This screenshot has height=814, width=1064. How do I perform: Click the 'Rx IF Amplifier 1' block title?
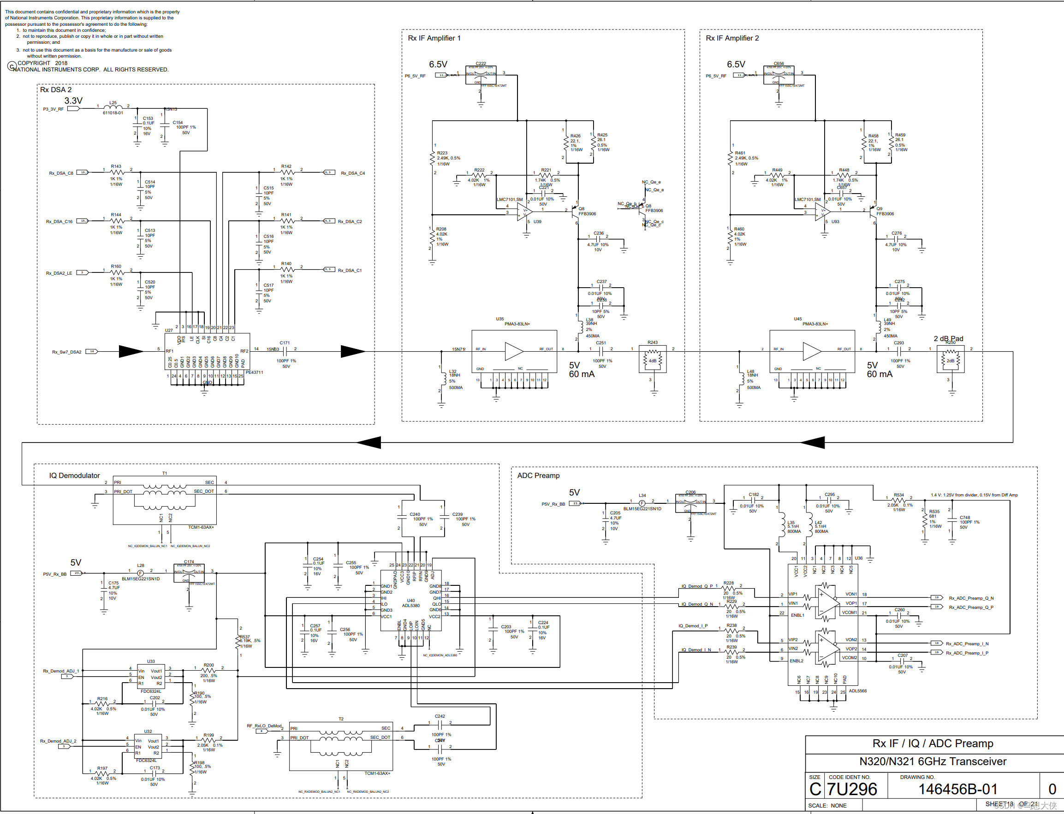pyautogui.click(x=434, y=38)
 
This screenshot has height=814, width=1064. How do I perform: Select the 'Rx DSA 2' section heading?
pyautogui.click(x=56, y=89)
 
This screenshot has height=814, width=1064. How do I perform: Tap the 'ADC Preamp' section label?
pyautogui.click(x=538, y=475)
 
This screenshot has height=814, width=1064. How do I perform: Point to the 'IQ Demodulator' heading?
pyautogui.click(x=74, y=475)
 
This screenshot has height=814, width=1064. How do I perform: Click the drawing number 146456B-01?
pyautogui.click(x=957, y=789)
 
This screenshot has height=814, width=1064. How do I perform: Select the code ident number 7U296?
pyautogui.click(x=852, y=789)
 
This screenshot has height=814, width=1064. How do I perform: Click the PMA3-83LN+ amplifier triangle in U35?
pyautogui.click(x=514, y=351)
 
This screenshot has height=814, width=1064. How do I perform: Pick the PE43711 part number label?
pyautogui.click(x=255, y=372)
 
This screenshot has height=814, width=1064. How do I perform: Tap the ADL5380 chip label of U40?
pyautogui.click(x=410, y=605)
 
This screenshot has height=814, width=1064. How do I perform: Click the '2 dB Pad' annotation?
pyautogui.click(x=948, y=338)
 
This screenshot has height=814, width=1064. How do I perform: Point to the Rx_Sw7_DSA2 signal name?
pyautogui.click(x=67, y=352)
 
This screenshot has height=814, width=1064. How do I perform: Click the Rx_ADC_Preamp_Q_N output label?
pyautogui.click(x=971, y=598)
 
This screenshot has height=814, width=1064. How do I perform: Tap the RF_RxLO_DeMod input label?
pyautogui.click(x=264, y=726)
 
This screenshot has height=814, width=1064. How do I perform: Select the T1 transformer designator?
pyautogui.click(x=165, y=473)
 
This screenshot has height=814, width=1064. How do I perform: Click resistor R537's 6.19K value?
pyautogui.click(x=247, y=641)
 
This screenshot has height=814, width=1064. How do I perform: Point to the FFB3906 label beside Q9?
pyautogui.click(x=885, y=214)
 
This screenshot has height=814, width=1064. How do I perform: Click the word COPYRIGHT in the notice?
pyautogui.click(x=34, y=63)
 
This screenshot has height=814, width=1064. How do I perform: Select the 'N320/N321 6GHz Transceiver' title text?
pyautogui.click(x=933, y=761)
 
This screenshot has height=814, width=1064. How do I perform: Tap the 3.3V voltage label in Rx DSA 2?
pyautogui.click(x=73, y=100)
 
